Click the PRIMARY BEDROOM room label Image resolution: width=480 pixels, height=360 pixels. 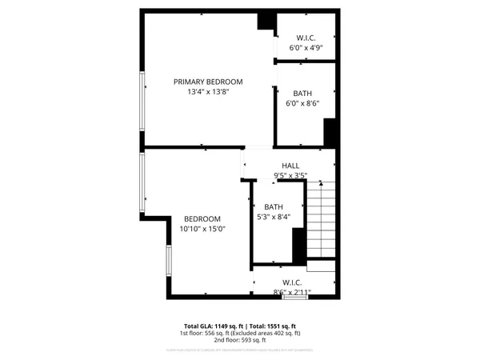coord(209,82)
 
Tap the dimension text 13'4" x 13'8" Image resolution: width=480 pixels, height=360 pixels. coord(209,92)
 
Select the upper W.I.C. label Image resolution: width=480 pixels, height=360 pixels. coord(305,37)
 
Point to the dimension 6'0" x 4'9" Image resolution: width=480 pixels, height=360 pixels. coord(305,47)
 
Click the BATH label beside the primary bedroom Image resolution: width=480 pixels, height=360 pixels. coord(302,93)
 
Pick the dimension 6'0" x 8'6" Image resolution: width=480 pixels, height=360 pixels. coord(302,103)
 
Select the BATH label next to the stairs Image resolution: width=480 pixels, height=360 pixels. coord(274,206)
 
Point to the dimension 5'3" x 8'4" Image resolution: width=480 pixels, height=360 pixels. coord(274,217)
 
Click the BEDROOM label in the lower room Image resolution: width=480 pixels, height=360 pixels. coord(202,219)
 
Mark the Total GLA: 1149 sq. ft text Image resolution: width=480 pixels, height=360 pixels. coord(213,326)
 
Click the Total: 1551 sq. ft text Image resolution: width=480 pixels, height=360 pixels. coord(273,326)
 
